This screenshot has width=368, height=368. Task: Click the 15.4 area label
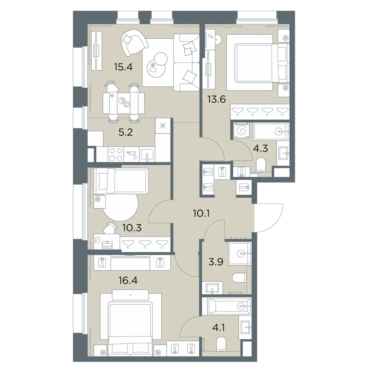pyautogui.click(x=123, y=67)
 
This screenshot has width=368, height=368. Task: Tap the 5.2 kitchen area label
pyautogui.click(x=125, y=132)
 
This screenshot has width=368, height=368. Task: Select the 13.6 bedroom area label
pyautogui.click(x=216, y=99)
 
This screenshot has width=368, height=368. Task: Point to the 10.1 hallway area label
pyautogui.click(x=201, y=213)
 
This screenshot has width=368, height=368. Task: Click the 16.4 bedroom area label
pyautogui.click(x=128, y=280)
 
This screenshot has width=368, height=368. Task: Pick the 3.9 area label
pyautogui.click(x=216, y=262)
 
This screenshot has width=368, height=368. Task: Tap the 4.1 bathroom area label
pyautogui.click(x=219, y=328)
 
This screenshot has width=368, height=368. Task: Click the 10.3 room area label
pyautogui.click(x=132, y=228)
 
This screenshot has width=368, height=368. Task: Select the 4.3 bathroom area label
pyautogui.click(x=261, y=148)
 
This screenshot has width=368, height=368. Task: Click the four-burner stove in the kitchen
pyautogui.click(x=116, y=154)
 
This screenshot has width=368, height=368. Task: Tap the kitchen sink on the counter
pyautogui.click(x=147, y=155)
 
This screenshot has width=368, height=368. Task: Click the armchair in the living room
pyautogui.click(x=134, y=43)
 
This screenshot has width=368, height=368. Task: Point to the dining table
pyautogui.click(x=124, y=102)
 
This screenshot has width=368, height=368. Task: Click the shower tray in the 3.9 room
pyautogui.click(x=240, y=253)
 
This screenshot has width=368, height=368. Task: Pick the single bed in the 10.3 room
pyautogui.click(x=121, y=181)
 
